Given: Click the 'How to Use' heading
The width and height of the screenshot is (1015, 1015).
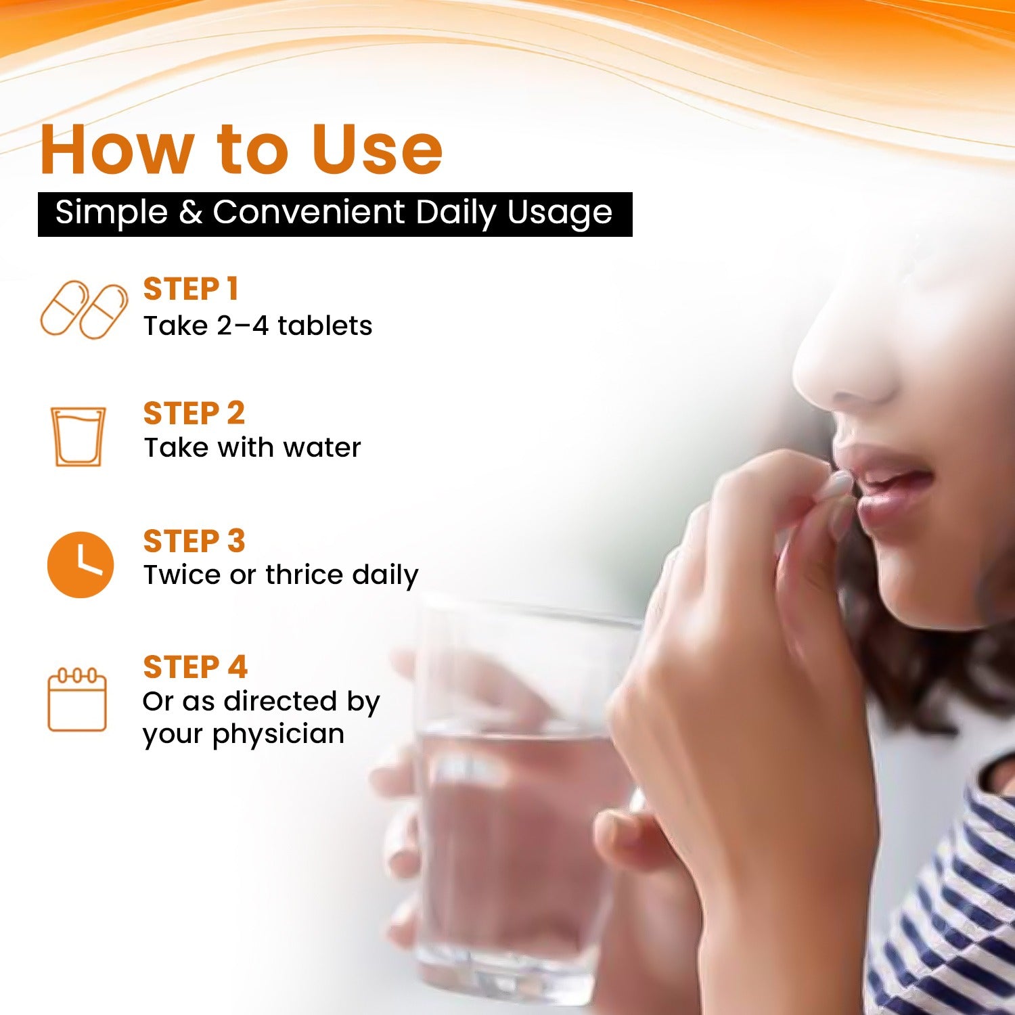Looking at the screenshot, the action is (242, 149).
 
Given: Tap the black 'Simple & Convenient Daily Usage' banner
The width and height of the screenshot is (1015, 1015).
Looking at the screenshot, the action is (335, 214).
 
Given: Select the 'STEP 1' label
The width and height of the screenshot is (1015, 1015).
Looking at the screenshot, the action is (191, 289).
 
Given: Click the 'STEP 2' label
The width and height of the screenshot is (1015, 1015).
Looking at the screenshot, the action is (194, 413).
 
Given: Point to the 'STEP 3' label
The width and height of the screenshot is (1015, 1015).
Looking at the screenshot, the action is (194, 541).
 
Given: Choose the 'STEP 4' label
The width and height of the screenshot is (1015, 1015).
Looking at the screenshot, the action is (196, 667).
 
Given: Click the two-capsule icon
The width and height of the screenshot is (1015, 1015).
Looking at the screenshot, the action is (85, 310).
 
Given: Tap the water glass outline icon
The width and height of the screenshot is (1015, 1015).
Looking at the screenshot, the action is (78, 436).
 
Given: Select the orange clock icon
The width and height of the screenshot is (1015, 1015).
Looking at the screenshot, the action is (81, 564).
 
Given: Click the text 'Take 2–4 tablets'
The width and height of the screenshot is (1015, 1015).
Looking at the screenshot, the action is (258, 325).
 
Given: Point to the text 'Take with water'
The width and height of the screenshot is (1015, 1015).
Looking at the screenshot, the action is (252, 447).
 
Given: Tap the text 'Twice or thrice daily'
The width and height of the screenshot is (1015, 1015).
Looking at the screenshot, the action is (281, 575).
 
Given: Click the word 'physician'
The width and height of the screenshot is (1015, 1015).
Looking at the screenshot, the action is (279, 735).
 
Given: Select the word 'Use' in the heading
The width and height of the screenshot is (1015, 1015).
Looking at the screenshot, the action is (377, 149).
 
